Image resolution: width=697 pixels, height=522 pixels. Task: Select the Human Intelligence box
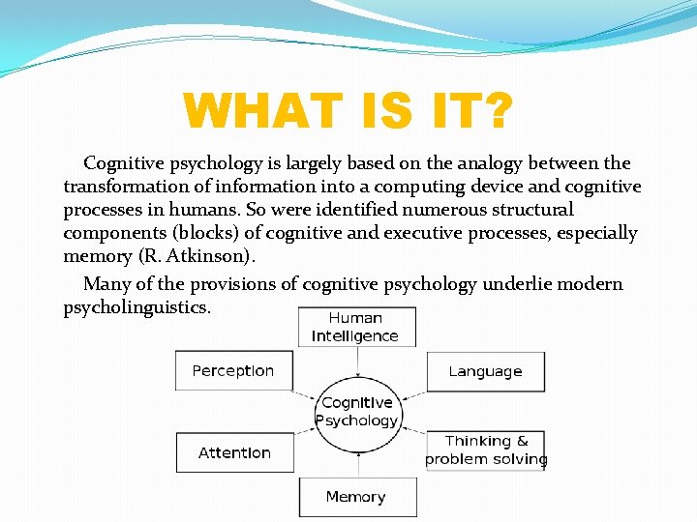click(x=356, y=327)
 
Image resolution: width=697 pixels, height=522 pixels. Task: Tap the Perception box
click(x=233, y=371)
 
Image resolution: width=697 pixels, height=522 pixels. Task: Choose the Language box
click(x=485, y=371)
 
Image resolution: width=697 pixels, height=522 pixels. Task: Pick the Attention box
click(x=234, y=452)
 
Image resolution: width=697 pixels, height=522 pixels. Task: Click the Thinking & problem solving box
click(x=486, y=450)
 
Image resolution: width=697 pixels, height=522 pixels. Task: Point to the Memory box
click(x=356, y=497)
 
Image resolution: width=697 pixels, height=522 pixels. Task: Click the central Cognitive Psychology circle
click(x=357, y=411)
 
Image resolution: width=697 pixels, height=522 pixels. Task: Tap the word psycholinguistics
click(x=136, y=307)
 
